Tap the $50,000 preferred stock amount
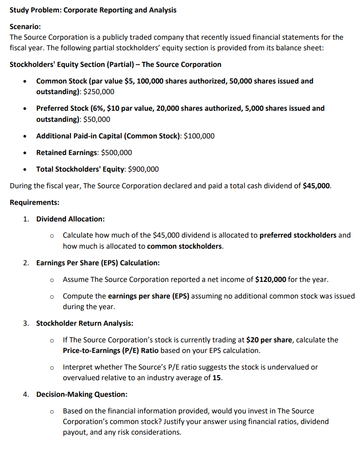[x=96, y=119]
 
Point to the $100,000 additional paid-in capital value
[x=199, y=136]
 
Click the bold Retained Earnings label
[x=67, y=152]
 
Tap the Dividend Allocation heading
[x=71, y=219]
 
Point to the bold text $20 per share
[x=269, y=340]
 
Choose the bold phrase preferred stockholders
[x=298, y=235]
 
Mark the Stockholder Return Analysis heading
[x=85, y=323]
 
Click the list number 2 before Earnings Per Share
[x=26, y=263]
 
